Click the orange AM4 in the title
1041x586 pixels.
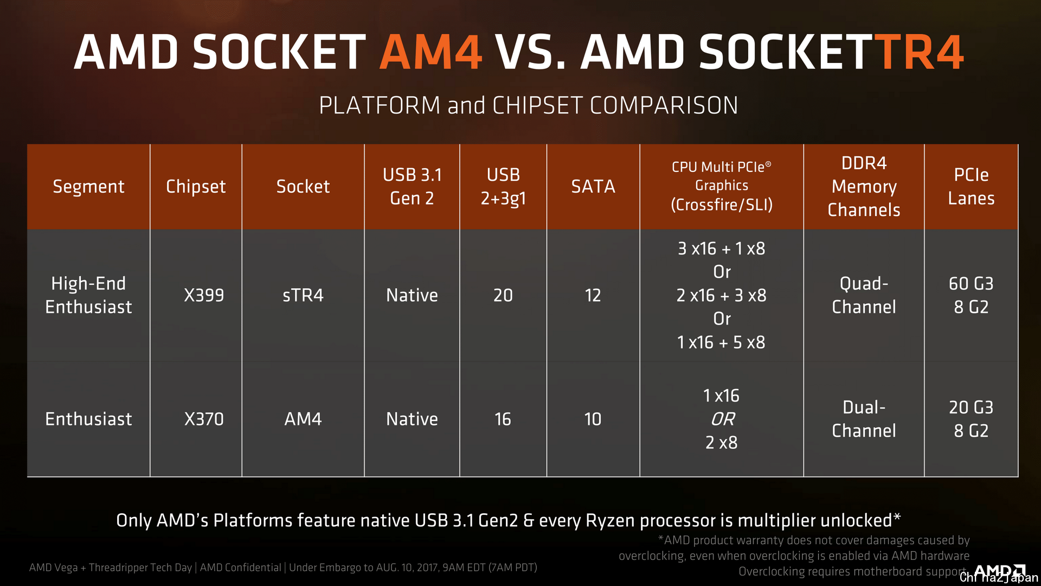431,52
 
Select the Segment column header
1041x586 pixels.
88,187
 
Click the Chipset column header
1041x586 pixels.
196,187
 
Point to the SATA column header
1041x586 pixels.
593,187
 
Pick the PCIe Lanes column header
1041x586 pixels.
971,187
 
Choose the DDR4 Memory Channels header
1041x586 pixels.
864,187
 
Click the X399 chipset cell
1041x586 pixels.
204,295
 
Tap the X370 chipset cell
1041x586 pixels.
204,419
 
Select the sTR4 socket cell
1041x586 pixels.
303,295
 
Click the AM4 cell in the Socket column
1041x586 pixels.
303,419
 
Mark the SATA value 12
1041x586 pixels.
593,295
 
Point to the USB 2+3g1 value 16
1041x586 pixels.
503,419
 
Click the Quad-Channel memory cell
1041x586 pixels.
864,295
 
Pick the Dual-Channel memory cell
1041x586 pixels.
864,419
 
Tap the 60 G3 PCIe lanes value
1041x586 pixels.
971,283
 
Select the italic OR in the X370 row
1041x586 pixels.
723,419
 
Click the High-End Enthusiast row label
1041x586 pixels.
88,295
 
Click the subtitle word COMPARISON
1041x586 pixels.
664,105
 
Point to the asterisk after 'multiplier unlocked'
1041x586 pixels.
897,517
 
